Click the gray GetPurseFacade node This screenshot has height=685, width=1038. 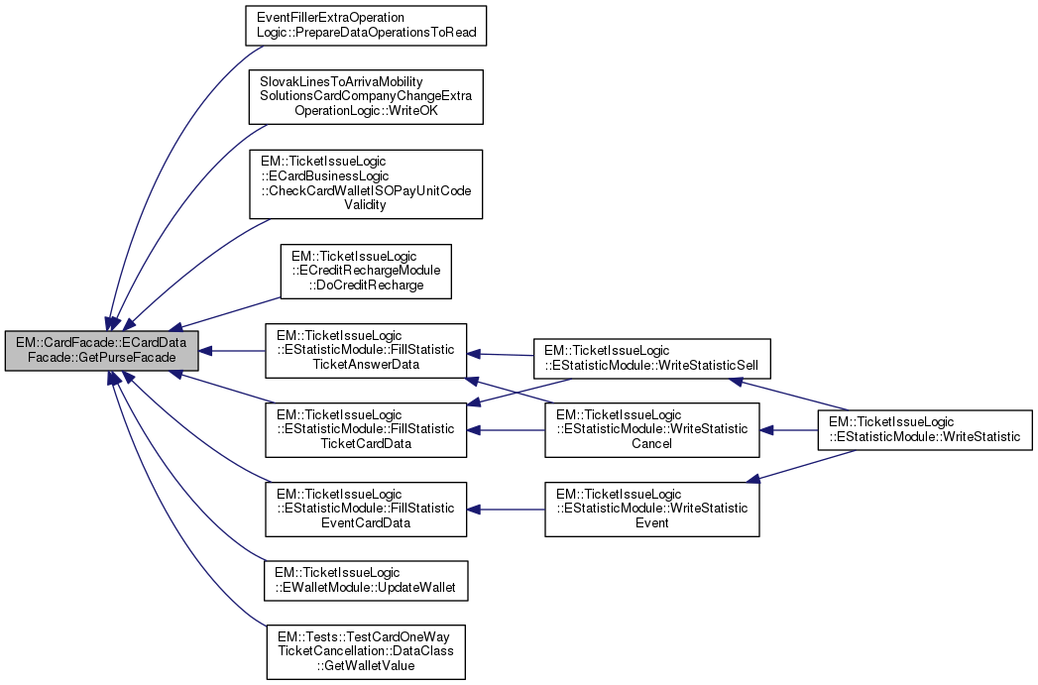tap(101, 351)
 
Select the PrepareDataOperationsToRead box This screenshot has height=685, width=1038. tap(365, 25)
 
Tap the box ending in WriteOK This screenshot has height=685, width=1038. tap(365, 96)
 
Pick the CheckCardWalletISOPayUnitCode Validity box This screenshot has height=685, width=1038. tap(365, 183)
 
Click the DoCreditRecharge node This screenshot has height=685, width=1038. tap(366, 272)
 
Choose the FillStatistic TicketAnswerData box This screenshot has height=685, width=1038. tap(365, 350)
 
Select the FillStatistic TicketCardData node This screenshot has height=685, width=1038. tap(365, 428)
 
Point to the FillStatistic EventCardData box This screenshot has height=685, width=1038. tap(365, 509)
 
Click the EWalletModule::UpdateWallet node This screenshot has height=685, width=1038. tap(365, 580)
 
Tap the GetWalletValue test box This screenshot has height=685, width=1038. tap(365, 651)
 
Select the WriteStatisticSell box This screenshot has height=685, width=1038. tap(652, 358)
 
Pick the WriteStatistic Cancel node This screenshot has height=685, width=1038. tap(651, 429)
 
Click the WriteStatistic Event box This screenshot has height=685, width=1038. tap(651, 509)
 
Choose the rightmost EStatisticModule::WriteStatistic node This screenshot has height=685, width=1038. tap(924, 429)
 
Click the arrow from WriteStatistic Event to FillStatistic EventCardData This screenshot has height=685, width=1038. tap(506, 509)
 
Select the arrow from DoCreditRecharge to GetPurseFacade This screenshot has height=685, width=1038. tap(228, 311)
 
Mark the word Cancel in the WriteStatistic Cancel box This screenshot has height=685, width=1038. tap(651, 443)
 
